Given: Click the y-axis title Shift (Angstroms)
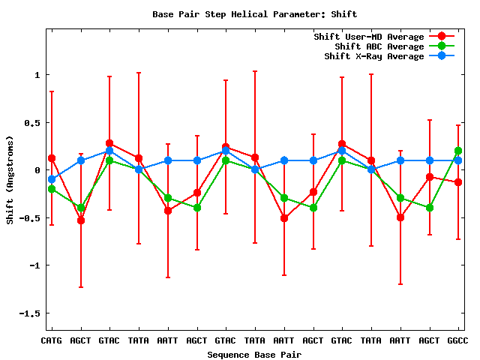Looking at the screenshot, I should pyautogui.click(x=10, y=180).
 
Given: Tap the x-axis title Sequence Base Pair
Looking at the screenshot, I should pyautogui.click(x=255, y=354).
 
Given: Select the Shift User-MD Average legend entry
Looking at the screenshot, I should pyautogui.click(x=370, y=37).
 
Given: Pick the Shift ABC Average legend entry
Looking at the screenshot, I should pyautogui.click(x=373, y=46).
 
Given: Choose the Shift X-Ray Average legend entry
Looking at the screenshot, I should pyautogui.click(x=373, y=56).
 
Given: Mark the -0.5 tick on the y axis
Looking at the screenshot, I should pyautogui.click(x=28, y=218).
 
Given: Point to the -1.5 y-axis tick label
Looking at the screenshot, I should pyautogui.click(x=28, y=313).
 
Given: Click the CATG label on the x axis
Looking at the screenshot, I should pyautogui.click(x=51, y=340).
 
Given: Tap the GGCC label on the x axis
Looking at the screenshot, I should pyautogui.click(x=457, y=340).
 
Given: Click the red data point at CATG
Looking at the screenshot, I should pyautogui.click(x=52, y=158).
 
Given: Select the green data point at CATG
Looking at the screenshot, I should pyautogui.click(x=52, y=189).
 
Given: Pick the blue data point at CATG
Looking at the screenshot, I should pyautogui.click(x=52, y=179).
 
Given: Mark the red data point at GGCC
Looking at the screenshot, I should pyautogui.click(x=458, y=182).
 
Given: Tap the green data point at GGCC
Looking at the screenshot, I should pyautogui.click(x=458, y=151).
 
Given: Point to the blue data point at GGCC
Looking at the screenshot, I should pyautogui.click(x=458, y=160).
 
